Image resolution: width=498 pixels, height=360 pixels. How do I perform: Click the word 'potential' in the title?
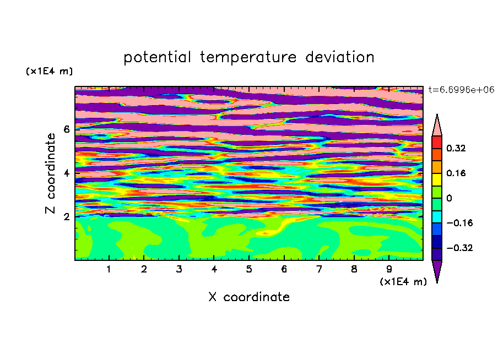(157, 57)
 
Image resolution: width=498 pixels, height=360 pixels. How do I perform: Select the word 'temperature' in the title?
(248, 57)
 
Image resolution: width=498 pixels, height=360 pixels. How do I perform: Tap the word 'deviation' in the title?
(340, 57)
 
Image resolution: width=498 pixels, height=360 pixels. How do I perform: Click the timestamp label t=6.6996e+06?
(461, 90)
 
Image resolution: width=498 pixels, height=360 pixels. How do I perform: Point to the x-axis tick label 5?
(249, 269)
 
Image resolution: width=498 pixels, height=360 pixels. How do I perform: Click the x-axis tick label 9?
(389, 269)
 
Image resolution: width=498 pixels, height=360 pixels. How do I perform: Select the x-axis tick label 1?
(109, 269)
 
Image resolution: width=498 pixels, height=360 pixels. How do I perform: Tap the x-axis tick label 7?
(319, 269)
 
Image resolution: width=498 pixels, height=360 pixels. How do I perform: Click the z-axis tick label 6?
(67, 129)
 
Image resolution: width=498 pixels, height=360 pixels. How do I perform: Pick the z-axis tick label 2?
(67, 216)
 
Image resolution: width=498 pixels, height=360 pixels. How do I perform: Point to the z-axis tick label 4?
(67, 173)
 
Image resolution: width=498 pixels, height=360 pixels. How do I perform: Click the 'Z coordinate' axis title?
(51, 173)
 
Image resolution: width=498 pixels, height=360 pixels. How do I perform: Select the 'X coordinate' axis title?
(249, 297)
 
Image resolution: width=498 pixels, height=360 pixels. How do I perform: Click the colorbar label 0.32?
(456, 148)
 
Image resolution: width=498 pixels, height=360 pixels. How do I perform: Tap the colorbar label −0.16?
(459, 223)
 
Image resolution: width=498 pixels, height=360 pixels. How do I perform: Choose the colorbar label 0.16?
(456, 173)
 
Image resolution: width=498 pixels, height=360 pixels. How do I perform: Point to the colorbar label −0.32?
(459, 248)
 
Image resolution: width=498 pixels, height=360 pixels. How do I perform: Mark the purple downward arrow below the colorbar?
(437, 270)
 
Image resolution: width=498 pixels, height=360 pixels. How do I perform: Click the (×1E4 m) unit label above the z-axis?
(49, 71)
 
